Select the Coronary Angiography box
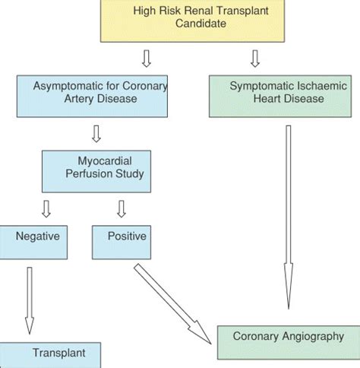tap(288, 341)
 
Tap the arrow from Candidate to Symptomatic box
tap(256, 58)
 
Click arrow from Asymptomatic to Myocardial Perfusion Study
tap(96, 134)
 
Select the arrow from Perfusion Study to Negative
tap(46, 208)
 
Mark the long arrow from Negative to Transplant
tap(30, 300)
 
